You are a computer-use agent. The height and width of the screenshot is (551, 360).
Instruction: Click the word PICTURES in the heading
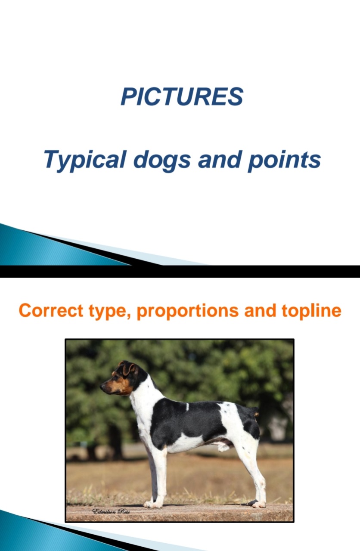point(182,96)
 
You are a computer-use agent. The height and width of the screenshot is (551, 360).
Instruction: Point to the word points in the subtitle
point(284,160)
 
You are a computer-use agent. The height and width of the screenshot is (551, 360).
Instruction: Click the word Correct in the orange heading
point(51,310)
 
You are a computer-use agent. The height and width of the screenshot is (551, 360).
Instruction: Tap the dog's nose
point(102,387)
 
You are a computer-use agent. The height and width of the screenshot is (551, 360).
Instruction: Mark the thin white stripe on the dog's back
point(187,407)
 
